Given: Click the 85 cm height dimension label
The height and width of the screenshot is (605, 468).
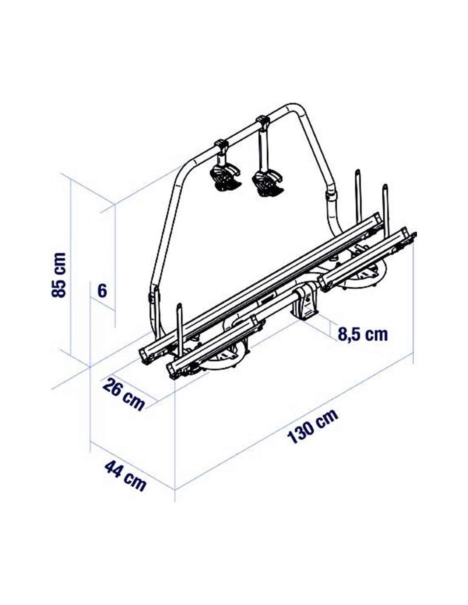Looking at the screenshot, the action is (x=59, y=275).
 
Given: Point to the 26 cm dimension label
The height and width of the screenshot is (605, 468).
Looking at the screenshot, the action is (x=123, y=394).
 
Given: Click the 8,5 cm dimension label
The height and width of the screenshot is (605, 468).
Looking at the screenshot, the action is (x=362, y=334).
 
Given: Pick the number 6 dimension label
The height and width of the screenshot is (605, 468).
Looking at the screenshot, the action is (x=102, y=291).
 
